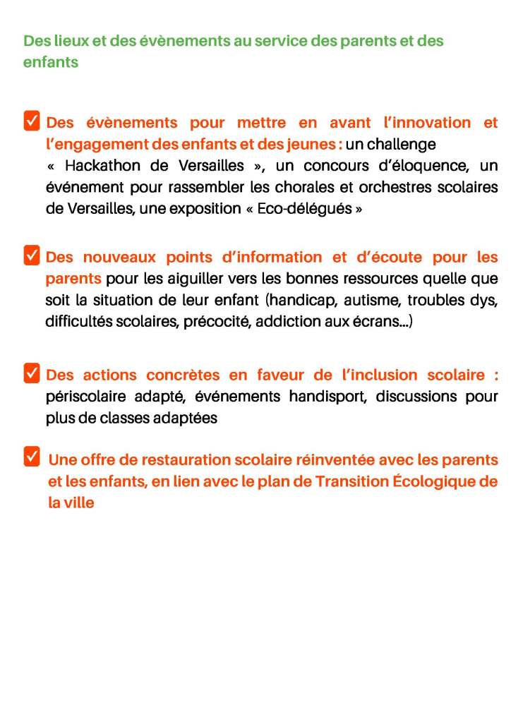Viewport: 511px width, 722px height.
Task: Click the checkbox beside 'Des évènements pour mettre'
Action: pyautogui.click(x=32, y=121)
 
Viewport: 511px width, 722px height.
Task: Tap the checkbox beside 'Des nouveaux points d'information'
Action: pyautogui.click(x=32, y=255)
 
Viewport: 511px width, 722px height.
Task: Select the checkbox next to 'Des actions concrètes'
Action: pyautogui.click(x=32, y=373)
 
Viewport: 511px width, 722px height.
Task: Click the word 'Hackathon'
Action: pyautogui.click(x=104, y=166)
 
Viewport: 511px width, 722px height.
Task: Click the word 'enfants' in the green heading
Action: pyautogui.click(x=50, y=62)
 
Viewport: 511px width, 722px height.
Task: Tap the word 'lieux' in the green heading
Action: pyautogui.click(x=73, y=41)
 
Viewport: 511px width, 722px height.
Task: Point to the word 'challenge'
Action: pyautogui.click(x=402, y=145)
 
